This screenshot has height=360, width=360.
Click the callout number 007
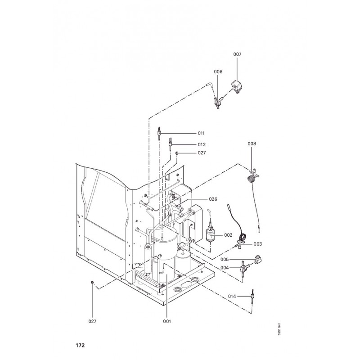237,54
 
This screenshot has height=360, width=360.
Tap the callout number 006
218,72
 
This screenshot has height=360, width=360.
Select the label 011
201,134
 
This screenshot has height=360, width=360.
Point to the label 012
201,144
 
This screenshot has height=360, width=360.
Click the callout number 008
252,144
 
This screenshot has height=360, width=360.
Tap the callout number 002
228,235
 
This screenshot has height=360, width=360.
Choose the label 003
258,244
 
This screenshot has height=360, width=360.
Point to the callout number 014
232,296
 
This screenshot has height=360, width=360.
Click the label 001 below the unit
167,321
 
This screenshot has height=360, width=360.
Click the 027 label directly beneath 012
201,153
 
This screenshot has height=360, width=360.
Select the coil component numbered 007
237,85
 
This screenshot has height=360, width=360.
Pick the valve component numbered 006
218,103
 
